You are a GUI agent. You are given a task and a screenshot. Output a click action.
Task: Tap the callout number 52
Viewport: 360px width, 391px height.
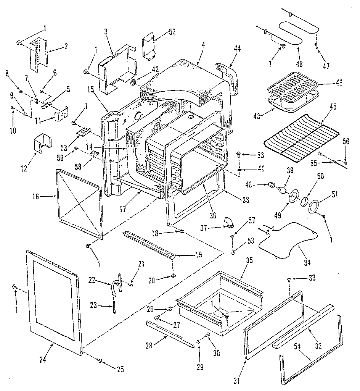(x=172, y=32)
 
